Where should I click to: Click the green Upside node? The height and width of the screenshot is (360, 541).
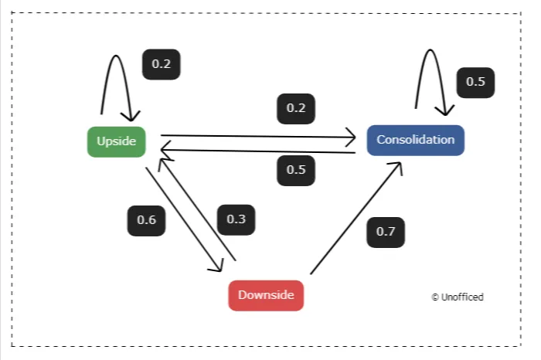(x=116, y=141)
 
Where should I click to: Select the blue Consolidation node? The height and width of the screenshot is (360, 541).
(x=415, y=140)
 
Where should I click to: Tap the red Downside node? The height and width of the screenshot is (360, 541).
(x=266, y=295)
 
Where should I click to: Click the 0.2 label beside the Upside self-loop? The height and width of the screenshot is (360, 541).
(x=161, y=64)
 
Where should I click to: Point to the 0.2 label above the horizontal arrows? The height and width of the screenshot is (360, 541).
(x=296, y=108)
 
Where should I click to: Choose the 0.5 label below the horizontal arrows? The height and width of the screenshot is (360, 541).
(x=296, y=170)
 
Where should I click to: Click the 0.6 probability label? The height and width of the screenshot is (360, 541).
(x=146, y=220)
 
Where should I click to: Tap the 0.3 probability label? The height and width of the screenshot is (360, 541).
(x=236, y=219)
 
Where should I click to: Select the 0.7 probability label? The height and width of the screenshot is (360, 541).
(x=385, y=232)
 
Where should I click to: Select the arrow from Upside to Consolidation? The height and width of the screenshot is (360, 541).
(x=255, y=136)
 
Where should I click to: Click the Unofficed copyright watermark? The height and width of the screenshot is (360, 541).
(x=458, y=297)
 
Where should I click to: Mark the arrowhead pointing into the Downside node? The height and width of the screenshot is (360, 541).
(x=218, y=267)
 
